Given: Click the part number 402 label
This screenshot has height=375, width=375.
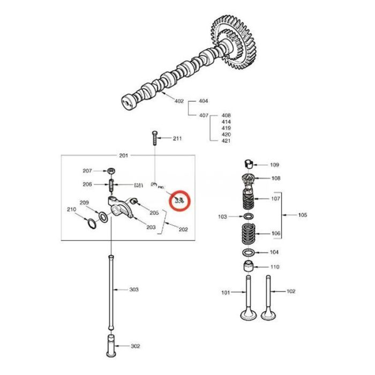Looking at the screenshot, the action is tap(179, 100).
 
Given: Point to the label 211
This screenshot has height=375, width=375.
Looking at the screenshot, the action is tap(177, 138).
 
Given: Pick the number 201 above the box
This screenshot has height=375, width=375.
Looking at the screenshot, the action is tap(124, 155).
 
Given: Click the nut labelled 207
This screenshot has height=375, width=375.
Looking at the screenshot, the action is tap(110, 171).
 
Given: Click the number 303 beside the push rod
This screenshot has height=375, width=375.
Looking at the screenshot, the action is tap(134, 289).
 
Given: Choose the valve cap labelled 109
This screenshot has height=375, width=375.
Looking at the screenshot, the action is tap(247, 164).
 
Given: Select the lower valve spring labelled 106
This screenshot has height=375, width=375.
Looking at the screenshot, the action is tap(248, 233).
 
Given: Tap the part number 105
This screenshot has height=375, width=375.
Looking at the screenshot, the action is tap(303, 215).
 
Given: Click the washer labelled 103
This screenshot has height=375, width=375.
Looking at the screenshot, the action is tap(248, 216).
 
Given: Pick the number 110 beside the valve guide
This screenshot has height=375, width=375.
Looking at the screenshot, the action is tap(275, 266).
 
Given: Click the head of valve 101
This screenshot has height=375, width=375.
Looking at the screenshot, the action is tap(248, 314).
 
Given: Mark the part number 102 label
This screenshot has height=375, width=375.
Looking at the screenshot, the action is tap(291, 291).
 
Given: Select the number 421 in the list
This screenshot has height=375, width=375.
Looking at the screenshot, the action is tap(226, 140).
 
